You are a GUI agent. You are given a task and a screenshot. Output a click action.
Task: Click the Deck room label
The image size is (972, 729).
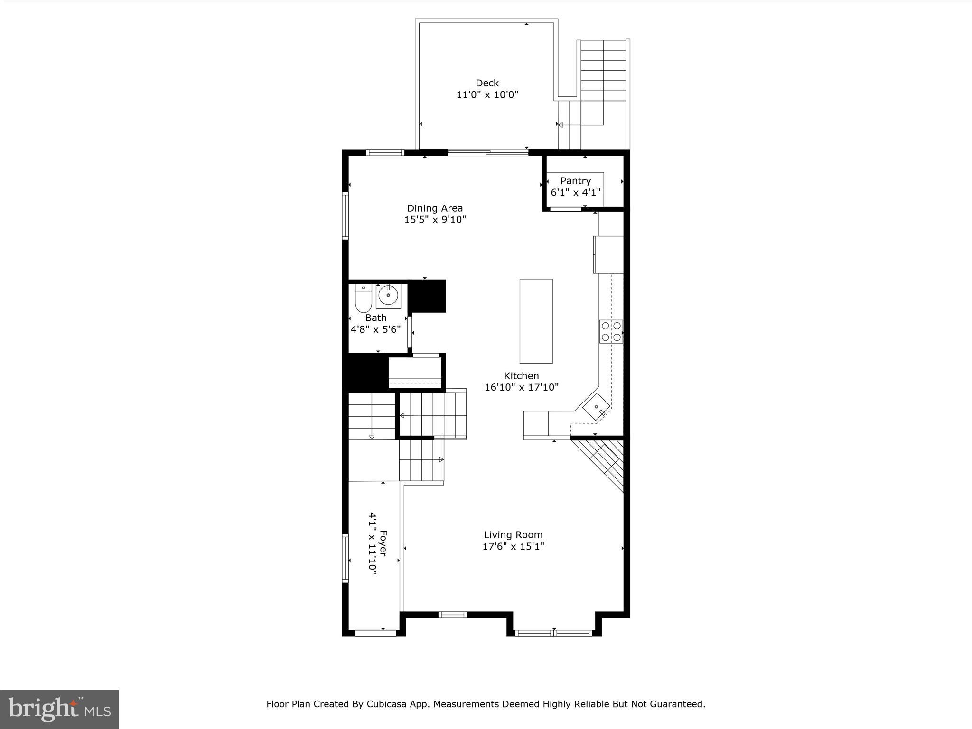(x=487, y=83)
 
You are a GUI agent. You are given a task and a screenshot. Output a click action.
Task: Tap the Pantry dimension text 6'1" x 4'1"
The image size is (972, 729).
(x=575, y=193)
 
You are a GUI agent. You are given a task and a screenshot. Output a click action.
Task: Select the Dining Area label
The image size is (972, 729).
(x=435, y=208)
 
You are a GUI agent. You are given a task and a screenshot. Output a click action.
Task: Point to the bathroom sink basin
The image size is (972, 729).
(x=389, y=296)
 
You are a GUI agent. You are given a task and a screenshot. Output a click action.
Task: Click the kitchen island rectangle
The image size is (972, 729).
(x=536, y=321)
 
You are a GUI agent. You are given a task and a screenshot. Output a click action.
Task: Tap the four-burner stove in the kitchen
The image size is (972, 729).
(x=611, y=331)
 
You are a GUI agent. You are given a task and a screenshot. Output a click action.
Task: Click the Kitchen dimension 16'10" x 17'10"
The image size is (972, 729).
(x=521, y=387)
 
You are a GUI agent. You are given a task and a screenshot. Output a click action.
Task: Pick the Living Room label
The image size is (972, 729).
(x=513, y=534)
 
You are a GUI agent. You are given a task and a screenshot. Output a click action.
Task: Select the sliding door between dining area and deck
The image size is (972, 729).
(x=488, y=152)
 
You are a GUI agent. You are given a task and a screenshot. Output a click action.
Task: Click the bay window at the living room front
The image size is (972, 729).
(x=554, y=633)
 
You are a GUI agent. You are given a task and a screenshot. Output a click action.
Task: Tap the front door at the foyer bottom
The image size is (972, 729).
(x=375, y=633)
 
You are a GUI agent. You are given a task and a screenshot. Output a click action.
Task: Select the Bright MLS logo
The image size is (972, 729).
(x=59, y=710)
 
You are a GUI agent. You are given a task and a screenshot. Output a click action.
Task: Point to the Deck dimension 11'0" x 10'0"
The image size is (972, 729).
(x=487, y=95)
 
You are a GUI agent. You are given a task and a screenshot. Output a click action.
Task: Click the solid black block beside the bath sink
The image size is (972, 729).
(x=427, y=296)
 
